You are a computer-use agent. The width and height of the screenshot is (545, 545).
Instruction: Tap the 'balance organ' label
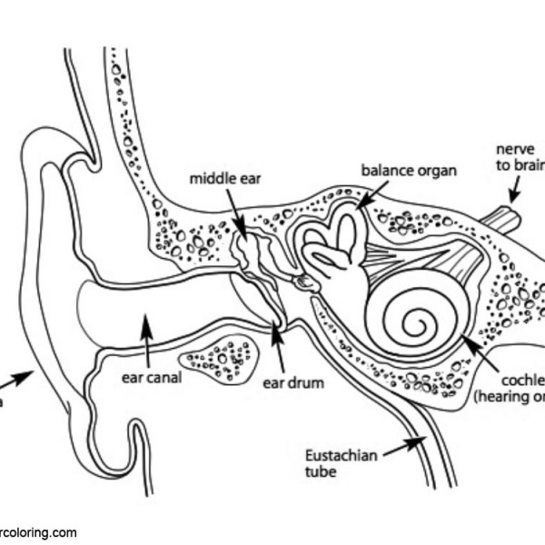409,170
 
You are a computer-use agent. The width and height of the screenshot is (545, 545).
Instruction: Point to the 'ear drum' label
293,382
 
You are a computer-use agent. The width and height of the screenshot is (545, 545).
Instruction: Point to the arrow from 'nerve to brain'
514,188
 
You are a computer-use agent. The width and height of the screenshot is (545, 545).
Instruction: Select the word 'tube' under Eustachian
321,472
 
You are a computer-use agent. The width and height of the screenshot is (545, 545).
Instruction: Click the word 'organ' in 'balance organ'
434,170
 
